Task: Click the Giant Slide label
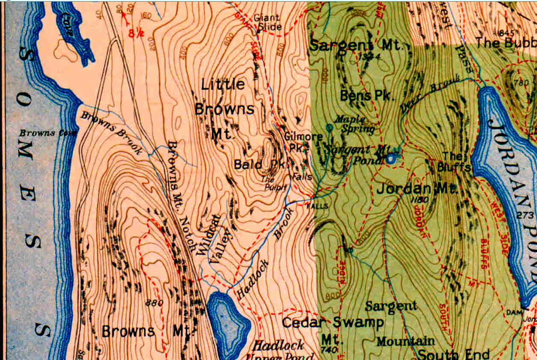click(267, 22)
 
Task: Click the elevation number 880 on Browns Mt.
click(155, 303)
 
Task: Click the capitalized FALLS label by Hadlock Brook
click(317, 206)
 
